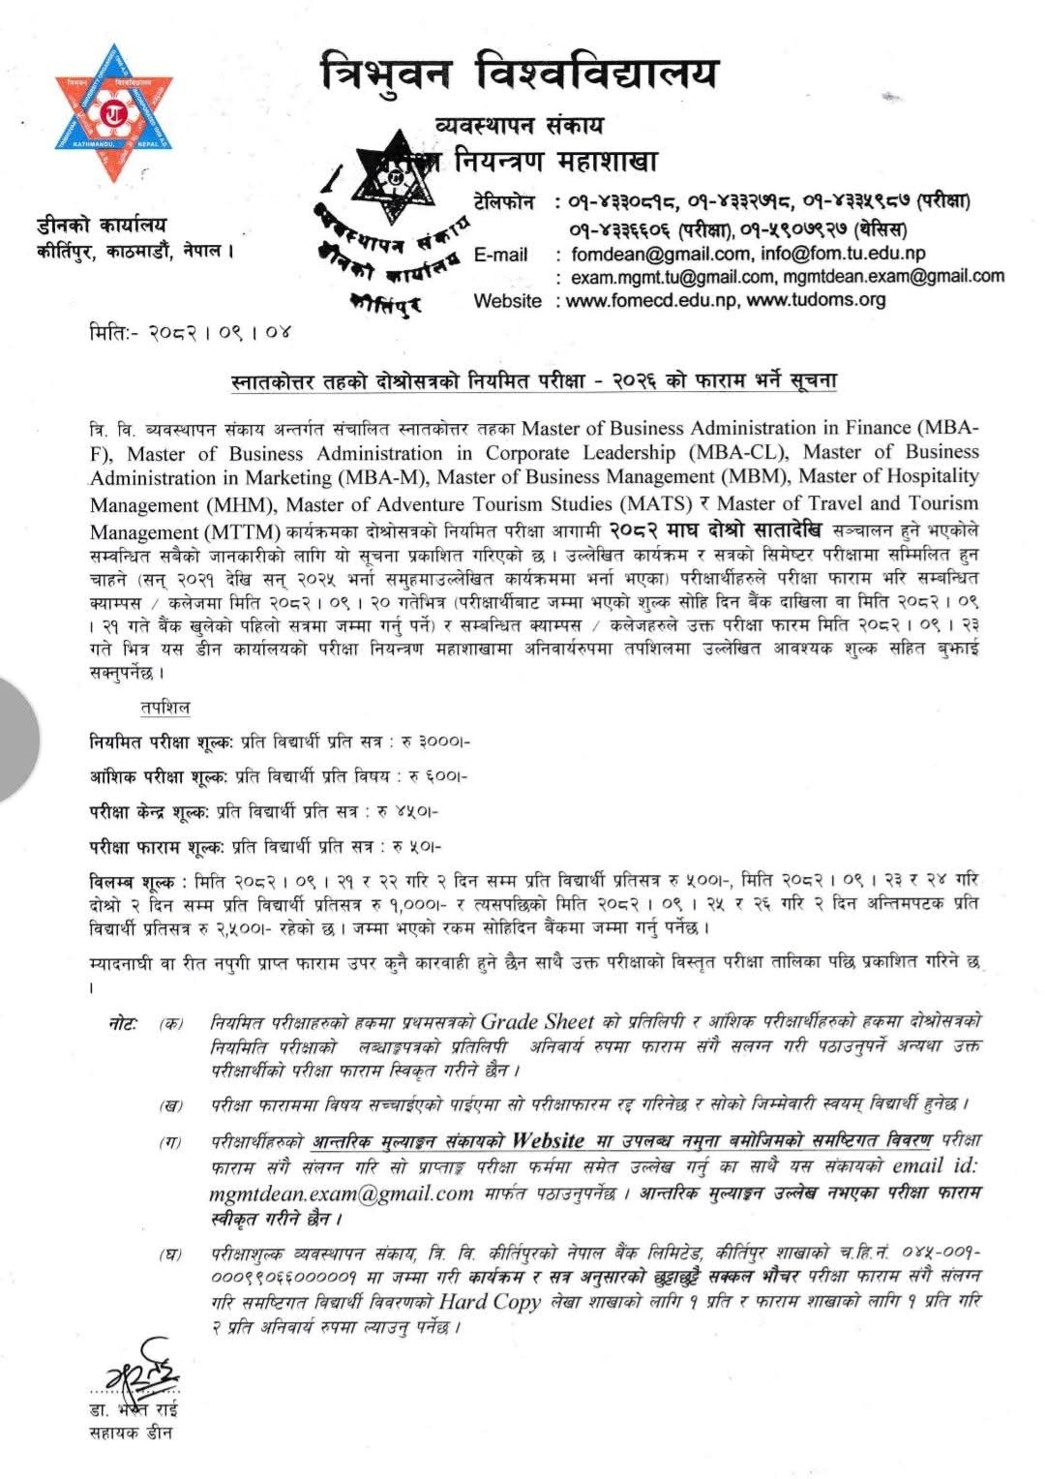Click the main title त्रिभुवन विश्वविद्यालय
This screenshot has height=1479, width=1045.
(x=522, y=72)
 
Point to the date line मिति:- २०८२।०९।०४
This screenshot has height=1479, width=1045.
(x=189, y=333)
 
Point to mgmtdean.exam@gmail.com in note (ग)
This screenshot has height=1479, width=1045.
(x=341, y=1193)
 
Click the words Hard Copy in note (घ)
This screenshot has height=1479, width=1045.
(x=489, y=1301)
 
